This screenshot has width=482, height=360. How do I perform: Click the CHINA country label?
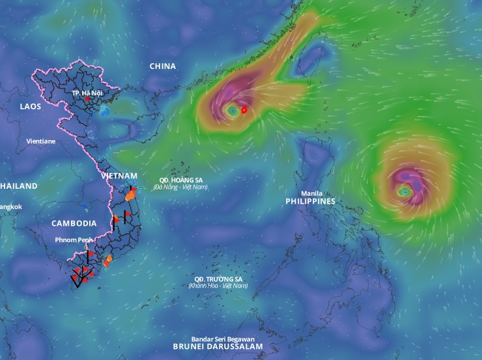click(x=163, y=66)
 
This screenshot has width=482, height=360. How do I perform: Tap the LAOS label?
click(x=31, y=106)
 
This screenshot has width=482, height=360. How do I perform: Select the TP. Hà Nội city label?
click(x=87, y=92)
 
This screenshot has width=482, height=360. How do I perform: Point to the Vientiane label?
click(x=41, y=141)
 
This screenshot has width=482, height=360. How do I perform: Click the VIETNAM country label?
click(x=119, y=176)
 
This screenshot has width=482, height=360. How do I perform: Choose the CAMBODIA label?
click(x=74, y=223)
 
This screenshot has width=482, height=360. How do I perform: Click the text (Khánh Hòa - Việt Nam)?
click(x=218, y=286)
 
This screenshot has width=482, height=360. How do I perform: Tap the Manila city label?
click(x=312, y=193)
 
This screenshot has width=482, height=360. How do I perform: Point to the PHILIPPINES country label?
click(x=310, y=202)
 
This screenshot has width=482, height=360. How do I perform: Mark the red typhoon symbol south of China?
click(x=244, y=110)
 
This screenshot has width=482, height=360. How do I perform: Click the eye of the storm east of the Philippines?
click(x=404, y=192)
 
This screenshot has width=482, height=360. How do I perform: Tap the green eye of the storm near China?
click(x=233, y=111)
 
